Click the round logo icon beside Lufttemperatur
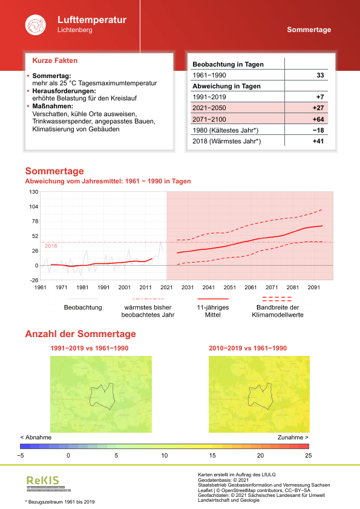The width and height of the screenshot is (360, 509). (x=34, y=25)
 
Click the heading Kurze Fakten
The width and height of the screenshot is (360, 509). (x=54, y=61)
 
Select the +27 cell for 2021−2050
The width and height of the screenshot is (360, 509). (x=318, y=108)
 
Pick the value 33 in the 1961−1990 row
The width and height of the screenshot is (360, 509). (x=321, y=75)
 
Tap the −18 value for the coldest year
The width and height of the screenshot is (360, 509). (x=318, y=130)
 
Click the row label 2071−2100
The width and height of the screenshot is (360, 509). (x=209, y=119)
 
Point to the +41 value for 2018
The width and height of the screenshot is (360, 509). (x=318, y=141)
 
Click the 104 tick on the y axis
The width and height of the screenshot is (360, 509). (x=33, y=206)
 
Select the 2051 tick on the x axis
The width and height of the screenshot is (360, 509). (x=230, y=287)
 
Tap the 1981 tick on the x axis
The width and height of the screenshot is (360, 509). (x=83, y=287)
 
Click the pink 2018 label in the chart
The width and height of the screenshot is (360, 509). (x=51, y=246)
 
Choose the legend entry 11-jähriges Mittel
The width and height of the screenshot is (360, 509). (x=213, y=310)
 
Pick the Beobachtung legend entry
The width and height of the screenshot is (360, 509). (x=83, y=307)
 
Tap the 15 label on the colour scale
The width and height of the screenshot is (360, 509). (x=212, y=455)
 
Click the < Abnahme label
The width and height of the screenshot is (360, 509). (x=36, y=436)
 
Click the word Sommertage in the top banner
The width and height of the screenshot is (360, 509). (x=309, y=30)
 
